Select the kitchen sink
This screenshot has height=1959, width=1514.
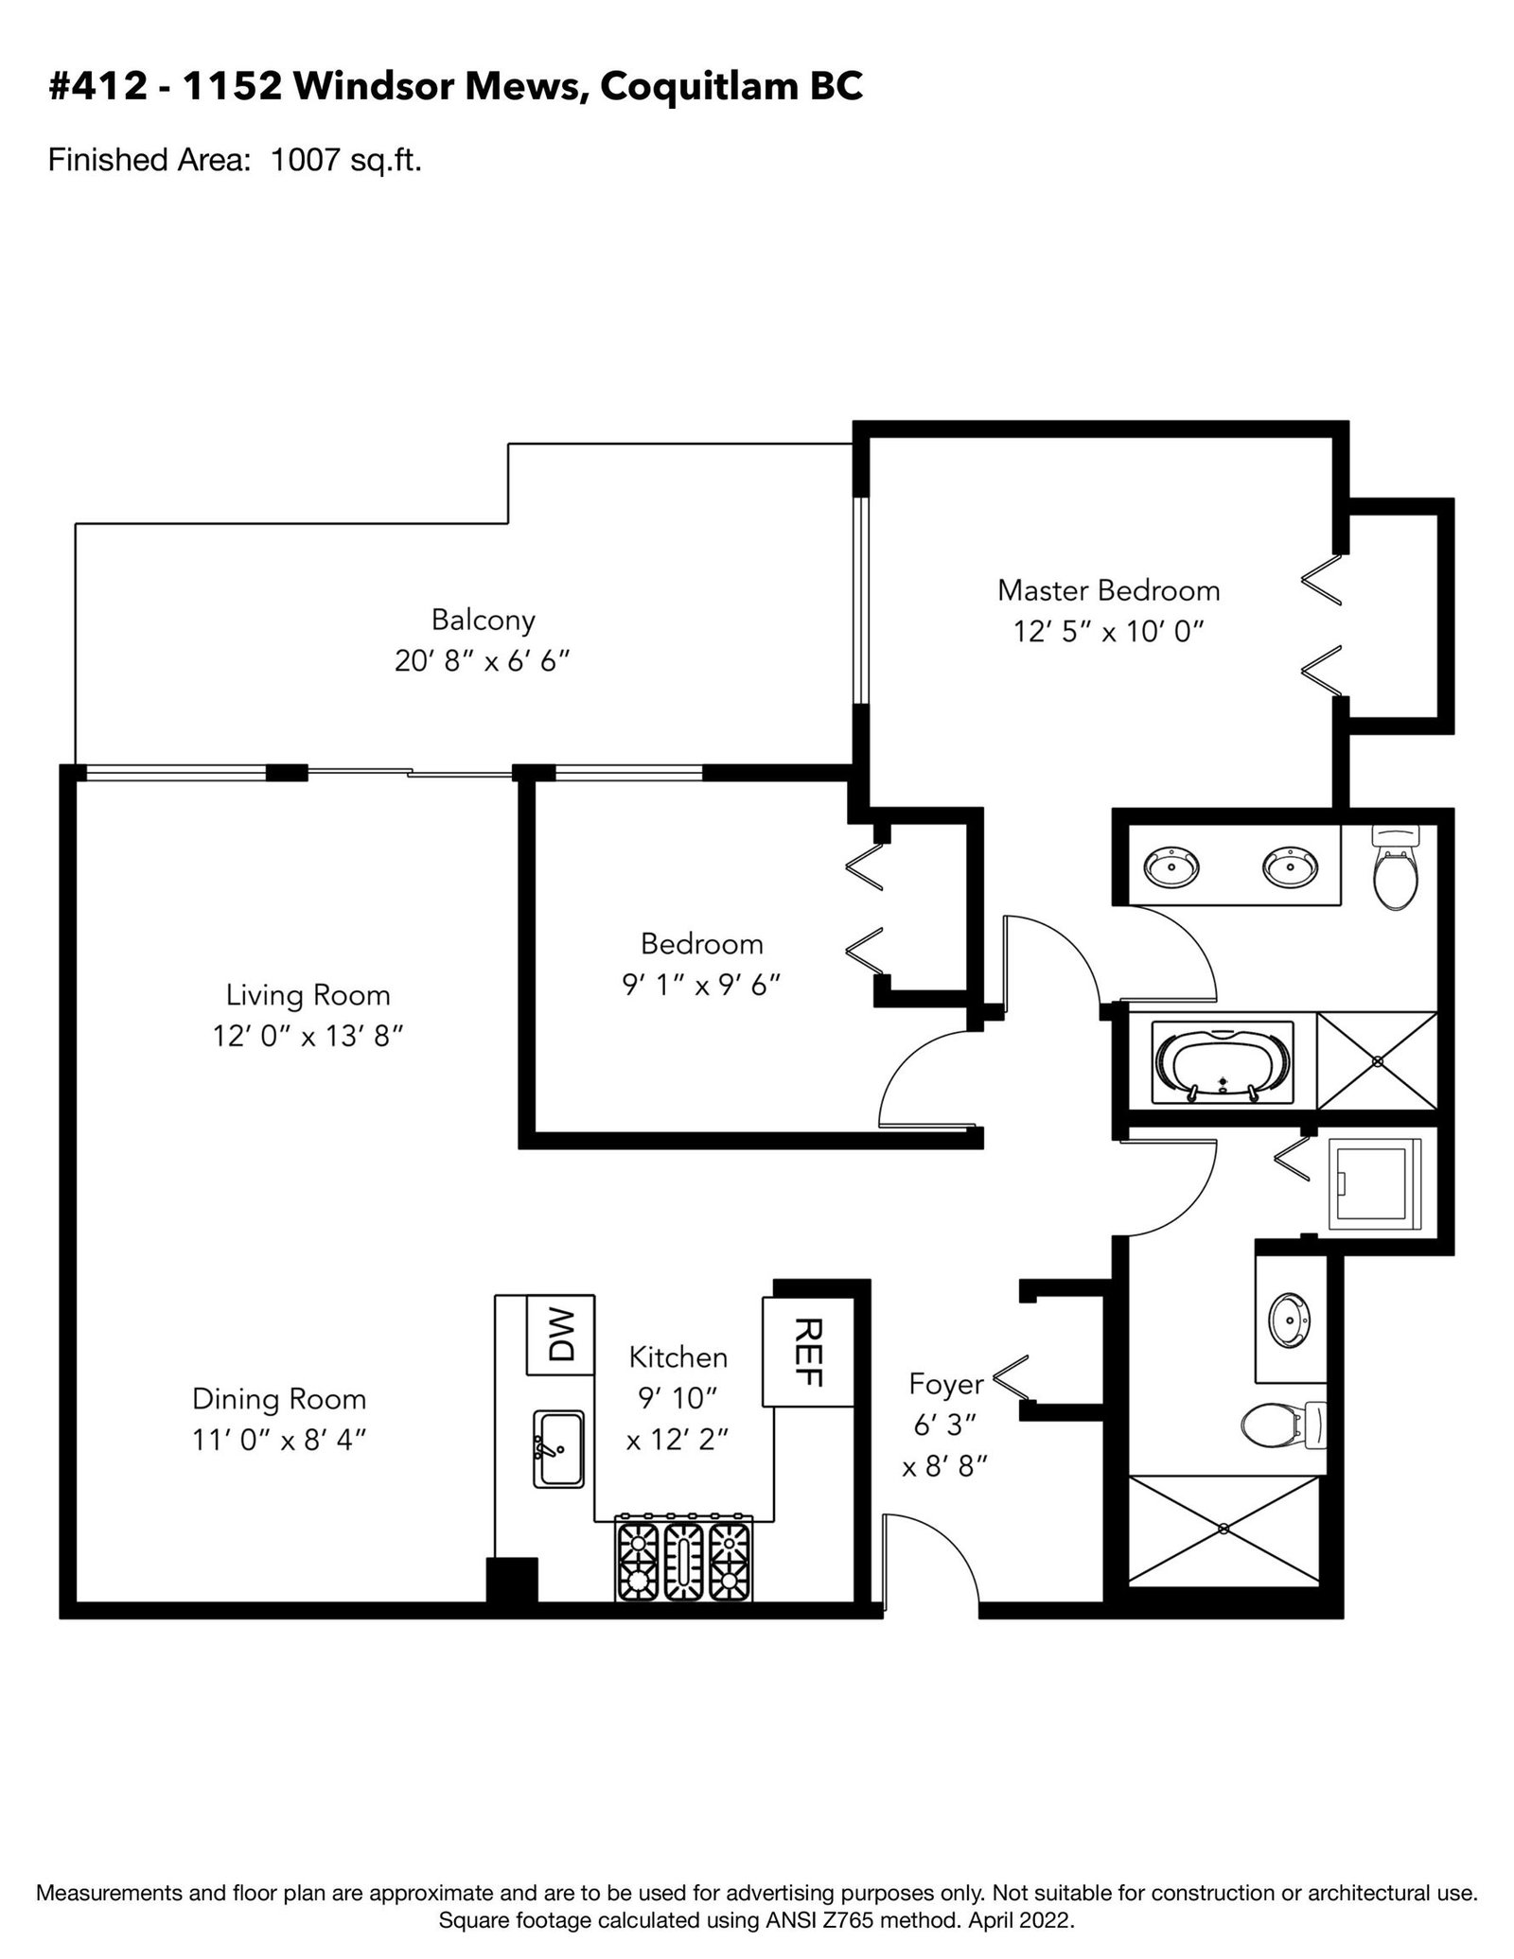pyautogui.click(x=558, y=1447)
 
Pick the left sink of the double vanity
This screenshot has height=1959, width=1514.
pyautogui.click(x=1171, y=865)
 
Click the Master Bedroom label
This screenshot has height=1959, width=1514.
pyautogui.click(x=1108, y=590)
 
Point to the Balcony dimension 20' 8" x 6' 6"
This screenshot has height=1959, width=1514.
pyautogui.click(x=483, y=660)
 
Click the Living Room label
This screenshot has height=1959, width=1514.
pyautogui.click(x=308, y=994)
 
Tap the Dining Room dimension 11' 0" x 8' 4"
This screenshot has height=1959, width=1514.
pyautogui.click(x=279, y=1440)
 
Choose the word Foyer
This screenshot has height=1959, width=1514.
pyautogui.click(x=946, y=1385)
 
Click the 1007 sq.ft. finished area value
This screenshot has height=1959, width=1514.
pyautogui.click(x=345, y=160)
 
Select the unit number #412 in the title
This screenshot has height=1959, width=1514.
pyautogui.click(x=97, y=87)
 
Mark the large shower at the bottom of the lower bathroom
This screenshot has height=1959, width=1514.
pyautogui.click(x=1224, y=1528)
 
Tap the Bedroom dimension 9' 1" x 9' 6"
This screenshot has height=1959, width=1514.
pyautogui.click(x=701, y=986)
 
